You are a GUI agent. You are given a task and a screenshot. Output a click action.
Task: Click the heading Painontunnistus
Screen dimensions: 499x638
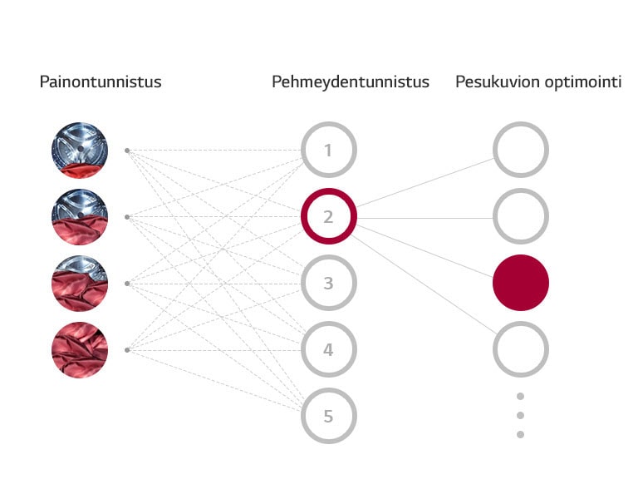[101, 82]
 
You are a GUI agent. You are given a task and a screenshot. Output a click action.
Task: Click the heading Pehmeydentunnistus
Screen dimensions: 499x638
[351, 82]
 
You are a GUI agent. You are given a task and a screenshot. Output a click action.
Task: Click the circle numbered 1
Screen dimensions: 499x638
[328, 151]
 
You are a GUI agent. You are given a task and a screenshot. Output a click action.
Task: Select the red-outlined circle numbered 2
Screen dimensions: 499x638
[328, 217]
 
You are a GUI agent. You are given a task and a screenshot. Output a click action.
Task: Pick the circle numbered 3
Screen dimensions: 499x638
[328, 284]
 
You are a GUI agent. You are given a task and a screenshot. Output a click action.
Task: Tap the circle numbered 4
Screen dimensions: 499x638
[328, 350]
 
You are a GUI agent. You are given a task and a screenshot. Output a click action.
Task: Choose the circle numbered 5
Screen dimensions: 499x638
[328, 416]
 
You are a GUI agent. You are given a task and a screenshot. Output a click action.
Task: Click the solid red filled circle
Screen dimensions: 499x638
[521, 283]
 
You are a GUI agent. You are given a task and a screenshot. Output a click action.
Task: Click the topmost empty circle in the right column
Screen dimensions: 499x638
[521, 151]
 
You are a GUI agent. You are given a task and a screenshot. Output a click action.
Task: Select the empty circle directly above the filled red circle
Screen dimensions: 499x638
[521, 217]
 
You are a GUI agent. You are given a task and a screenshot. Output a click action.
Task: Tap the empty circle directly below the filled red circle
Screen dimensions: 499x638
[521, 349]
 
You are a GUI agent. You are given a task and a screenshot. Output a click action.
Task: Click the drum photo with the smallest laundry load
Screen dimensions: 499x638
[80, 151]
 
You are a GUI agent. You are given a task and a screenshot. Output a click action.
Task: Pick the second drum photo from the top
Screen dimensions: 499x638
[80, 217]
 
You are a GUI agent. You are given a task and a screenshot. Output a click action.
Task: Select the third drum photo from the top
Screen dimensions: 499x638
[80, 284]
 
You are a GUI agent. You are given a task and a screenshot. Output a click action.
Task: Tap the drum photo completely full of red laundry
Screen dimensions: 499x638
[80, 350]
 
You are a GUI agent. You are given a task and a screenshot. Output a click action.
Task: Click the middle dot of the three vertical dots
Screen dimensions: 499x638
[521, 415]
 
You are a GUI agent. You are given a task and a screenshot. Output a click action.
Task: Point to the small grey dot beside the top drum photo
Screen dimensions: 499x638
[126, 151]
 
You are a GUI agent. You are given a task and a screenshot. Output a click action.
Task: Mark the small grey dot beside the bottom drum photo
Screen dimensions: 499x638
[126, 350]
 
